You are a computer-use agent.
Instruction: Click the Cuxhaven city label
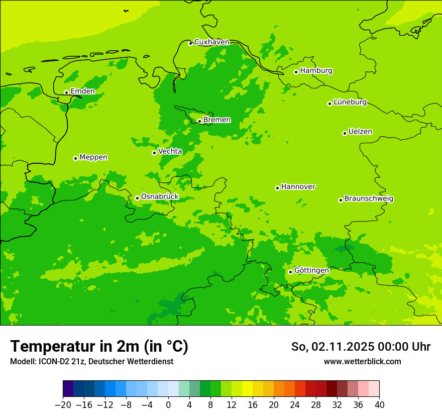[x=211, y=42]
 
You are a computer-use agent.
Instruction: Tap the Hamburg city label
[x=316, y=71]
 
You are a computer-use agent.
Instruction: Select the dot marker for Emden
[x=66, y=92]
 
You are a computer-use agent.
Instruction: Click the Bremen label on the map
[x=217, y=120]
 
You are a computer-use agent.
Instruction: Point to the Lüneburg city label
[x=350, y=102]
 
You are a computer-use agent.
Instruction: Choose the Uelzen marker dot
[x=345, y=133]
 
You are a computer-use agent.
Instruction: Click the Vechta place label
[x=170, y=151]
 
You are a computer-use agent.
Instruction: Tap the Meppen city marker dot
[x=75, y=158]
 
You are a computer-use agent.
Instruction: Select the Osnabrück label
[x=160, y=197]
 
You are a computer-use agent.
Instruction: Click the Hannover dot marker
[x=277, y=188]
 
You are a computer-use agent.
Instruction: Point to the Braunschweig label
[x=369, y=199]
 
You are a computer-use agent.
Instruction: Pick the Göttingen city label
[x=311, y=271]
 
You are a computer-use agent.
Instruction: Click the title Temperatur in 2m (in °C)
[x=99, y=346]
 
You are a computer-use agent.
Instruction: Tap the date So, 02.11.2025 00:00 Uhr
[x=361, y=347]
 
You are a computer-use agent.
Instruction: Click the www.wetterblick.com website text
[x=362, y=361]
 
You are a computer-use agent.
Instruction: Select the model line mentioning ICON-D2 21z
[x=91, y=361]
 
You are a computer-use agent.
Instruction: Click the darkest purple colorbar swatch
[x=68, y=389]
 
